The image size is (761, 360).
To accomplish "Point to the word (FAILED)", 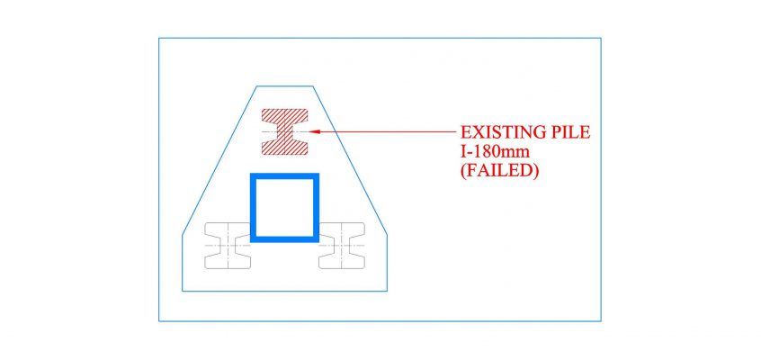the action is tap(499, 173).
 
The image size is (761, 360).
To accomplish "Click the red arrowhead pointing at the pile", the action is tap(314, 131).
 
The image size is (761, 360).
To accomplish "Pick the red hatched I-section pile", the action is tap(285, 131).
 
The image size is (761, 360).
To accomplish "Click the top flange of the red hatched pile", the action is tap(285, 115).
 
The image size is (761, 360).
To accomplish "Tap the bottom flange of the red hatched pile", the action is tap(285, 148).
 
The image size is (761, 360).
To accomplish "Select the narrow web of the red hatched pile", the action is tap(285, 131).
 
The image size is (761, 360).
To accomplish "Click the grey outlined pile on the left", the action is tap(228, 246).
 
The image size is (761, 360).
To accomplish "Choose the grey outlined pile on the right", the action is tap(342, 246).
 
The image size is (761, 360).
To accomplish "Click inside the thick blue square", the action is tap(284, 207).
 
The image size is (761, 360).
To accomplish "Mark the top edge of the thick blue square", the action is tap(284, 175).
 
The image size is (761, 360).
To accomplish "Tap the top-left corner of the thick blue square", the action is tap(250, 173).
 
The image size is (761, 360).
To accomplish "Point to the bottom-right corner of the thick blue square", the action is tap(318, 241).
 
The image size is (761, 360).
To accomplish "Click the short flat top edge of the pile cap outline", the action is tap(284, 86).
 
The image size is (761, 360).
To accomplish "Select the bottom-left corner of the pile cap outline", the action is tap(182, 291).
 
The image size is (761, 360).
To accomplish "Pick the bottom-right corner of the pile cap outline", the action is tap(387, 291).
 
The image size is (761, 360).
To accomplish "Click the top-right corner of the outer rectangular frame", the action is tap(601, 38).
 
